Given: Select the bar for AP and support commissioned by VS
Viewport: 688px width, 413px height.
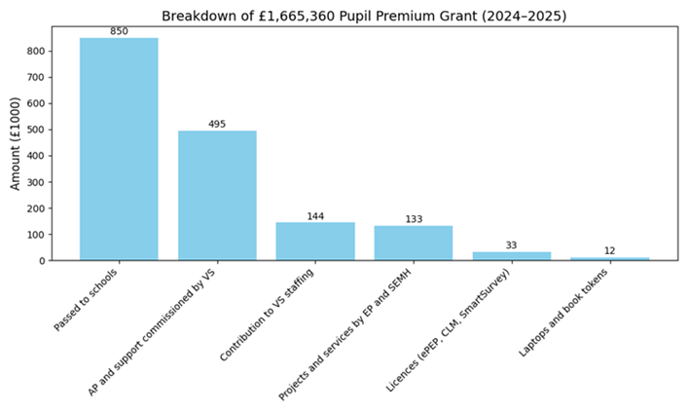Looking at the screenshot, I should click(217, 195).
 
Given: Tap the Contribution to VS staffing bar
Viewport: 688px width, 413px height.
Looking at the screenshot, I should click(315, 242).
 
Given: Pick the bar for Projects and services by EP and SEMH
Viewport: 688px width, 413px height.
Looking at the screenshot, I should click(414, 244).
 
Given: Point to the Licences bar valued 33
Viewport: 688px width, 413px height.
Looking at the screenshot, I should click(512, 256).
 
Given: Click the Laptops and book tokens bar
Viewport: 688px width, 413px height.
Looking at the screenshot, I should click(610, 258).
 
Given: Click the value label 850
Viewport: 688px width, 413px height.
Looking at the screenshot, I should click(119, 31).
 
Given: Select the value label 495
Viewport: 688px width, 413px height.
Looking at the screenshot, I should click(217, 124).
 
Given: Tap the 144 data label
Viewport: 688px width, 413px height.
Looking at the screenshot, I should click(315, 216).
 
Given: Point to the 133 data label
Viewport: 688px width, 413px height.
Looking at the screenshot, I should click(414, 219).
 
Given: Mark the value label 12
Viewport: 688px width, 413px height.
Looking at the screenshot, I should click(610, 251).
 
